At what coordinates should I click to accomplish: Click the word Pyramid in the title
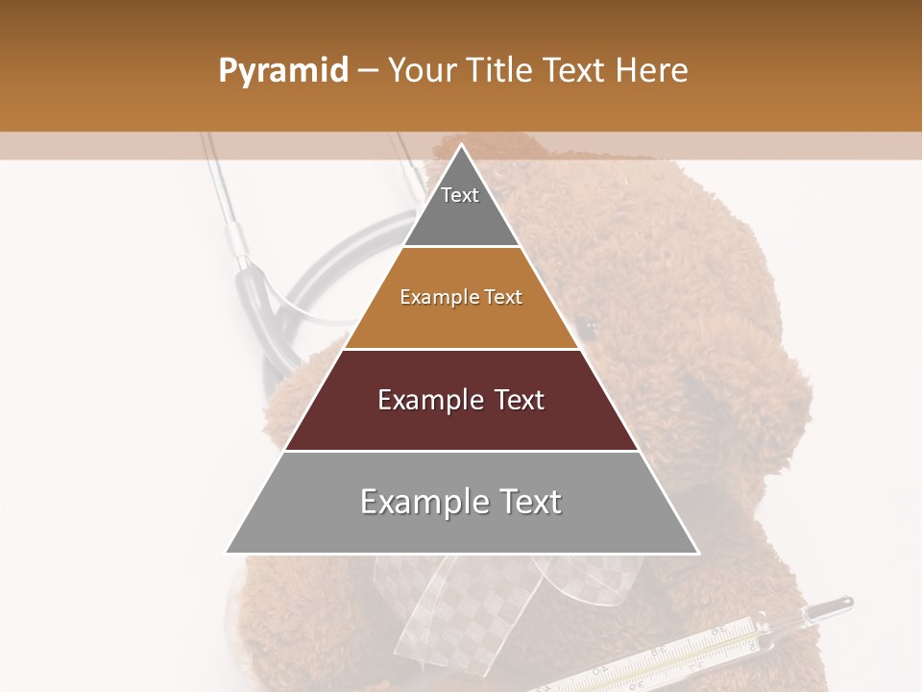pyautogui.click(x=282, y=71)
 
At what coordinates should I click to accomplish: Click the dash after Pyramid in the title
pyautogui.click(x=368, y=71)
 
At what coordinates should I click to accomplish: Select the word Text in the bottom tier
pyautogui.click(x=527, y=502)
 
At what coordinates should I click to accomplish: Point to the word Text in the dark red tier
pyautogui.click(x=519, y=400)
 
